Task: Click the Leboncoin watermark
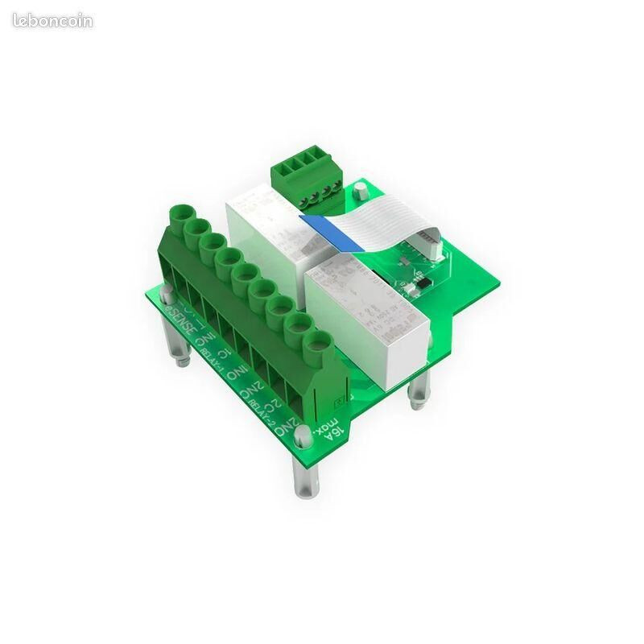tap(52, 21)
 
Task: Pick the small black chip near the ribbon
tap(419, 285)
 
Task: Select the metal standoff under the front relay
tap(418, 390)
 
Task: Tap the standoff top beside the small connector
tap(361, 191)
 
